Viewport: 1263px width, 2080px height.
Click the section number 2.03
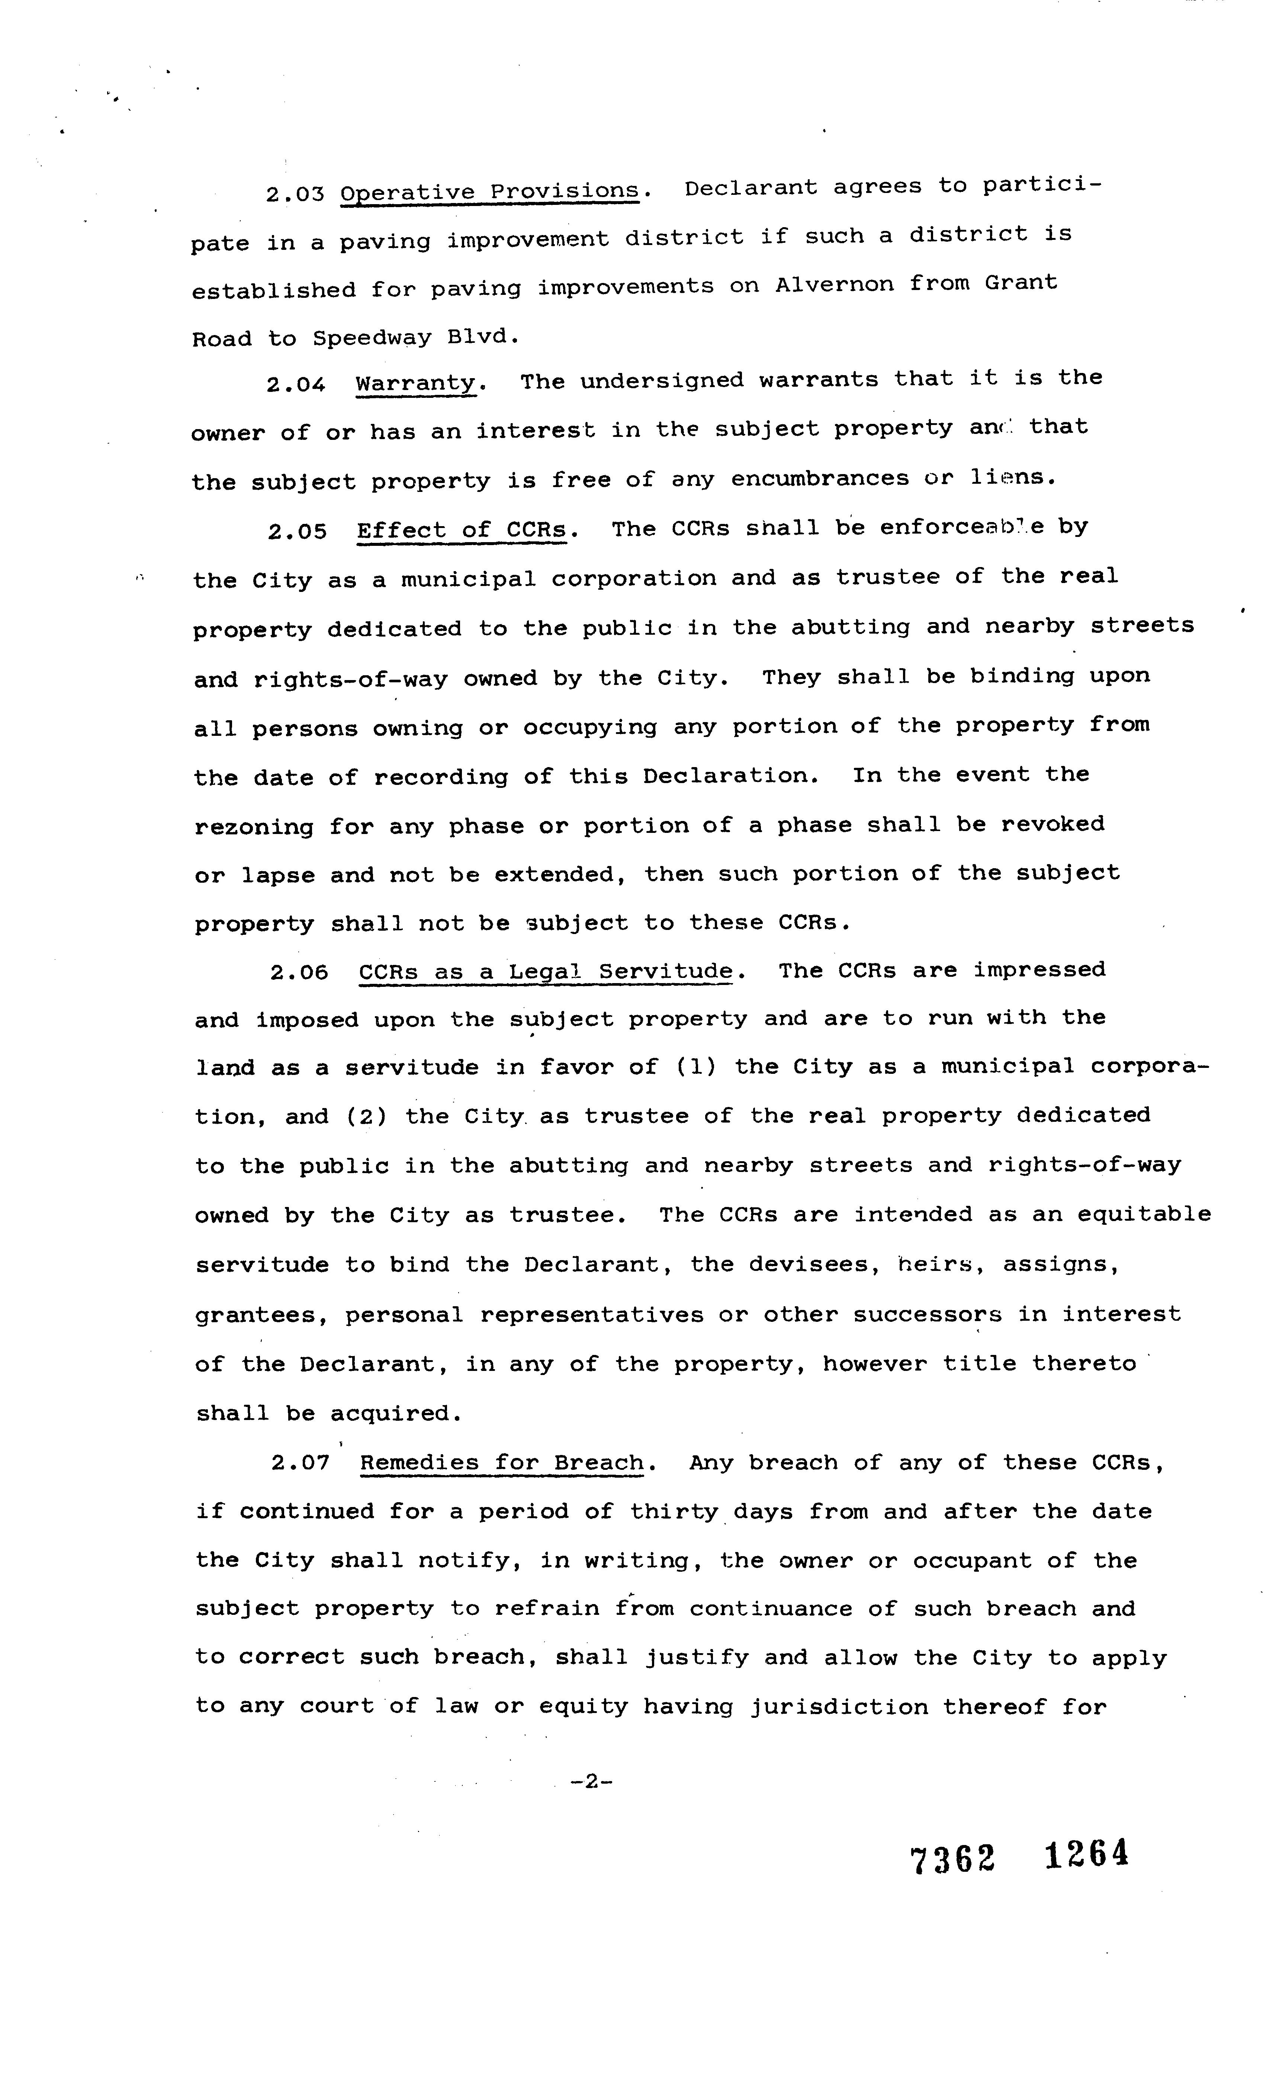point(295,194)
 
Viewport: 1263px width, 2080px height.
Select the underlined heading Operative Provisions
point(490,191)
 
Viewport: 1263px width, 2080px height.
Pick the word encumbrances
point(820,479)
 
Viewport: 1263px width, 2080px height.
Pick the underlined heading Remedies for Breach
point(502,1463)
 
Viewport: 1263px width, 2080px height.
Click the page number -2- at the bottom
point(591,1782)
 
